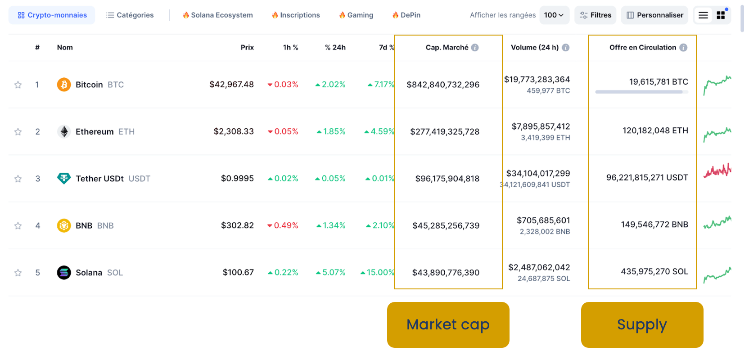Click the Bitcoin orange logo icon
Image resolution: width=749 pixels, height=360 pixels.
click(64, 85)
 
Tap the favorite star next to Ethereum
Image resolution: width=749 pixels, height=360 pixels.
click(18, 132)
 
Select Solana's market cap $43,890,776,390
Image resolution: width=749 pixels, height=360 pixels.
click(446, 273)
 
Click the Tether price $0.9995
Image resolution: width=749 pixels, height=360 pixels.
click(237, 179)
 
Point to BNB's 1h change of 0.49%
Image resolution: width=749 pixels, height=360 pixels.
click(283, 225)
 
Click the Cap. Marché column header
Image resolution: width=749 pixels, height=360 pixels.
click(447, 48)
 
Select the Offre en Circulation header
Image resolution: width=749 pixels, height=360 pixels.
click(642, 48)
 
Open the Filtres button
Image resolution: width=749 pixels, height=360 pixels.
click(595, 15)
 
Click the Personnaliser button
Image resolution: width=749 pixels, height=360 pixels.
click(654, 15)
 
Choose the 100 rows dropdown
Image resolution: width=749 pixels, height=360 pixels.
click(554, 15)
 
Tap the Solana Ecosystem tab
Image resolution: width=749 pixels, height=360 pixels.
click(217, 15)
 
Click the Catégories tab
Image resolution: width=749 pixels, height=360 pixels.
click(130, 15)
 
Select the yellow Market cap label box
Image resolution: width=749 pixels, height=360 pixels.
click(448, 325)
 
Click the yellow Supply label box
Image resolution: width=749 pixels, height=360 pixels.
click(642, 325)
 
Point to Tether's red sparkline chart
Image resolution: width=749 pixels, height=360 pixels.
click(717, 171)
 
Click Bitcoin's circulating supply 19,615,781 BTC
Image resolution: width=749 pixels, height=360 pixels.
click(658, 82)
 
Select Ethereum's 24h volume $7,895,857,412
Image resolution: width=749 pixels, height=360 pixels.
click(541, 127)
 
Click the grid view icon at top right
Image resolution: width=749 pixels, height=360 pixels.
click(721, 15)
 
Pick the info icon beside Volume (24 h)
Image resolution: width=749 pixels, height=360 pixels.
click(566, 48)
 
